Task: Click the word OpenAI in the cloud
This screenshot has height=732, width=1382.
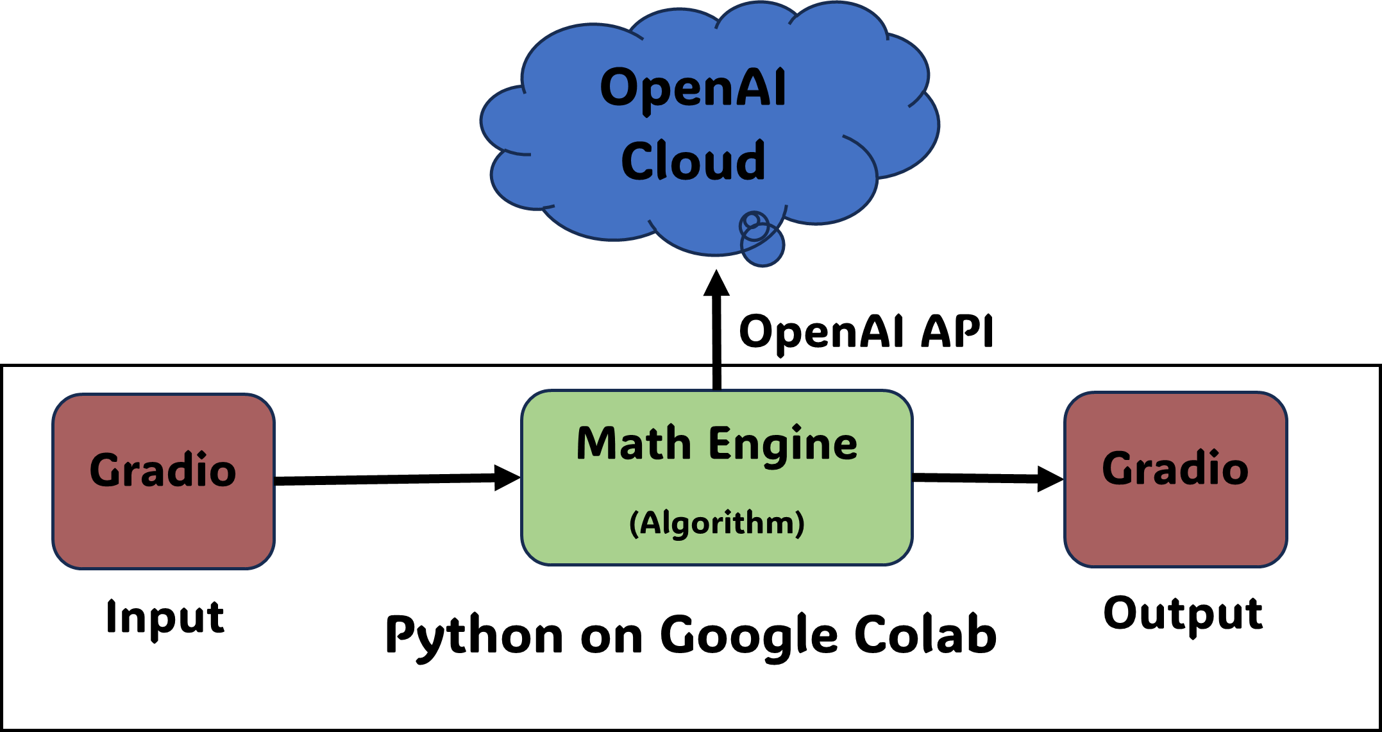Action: tap(693, 89)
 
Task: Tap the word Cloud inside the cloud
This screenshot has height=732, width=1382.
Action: tap(693, 161)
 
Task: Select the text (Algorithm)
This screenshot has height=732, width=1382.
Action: tap(716, 523)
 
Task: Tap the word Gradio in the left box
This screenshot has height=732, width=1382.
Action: tap(163, 470)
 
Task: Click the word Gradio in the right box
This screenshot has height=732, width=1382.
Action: tap(1175, 468)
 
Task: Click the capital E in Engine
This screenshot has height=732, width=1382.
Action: tap(720, 443)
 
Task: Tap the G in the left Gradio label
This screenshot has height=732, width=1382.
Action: tap(106, 470)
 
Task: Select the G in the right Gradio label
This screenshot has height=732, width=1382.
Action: tap(1118, 468)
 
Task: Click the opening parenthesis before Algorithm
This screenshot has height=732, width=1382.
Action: tap(634, 523)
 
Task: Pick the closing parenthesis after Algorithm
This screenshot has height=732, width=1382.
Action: tap(800, 523)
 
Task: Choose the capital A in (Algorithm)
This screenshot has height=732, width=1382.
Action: tap(650, 522)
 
